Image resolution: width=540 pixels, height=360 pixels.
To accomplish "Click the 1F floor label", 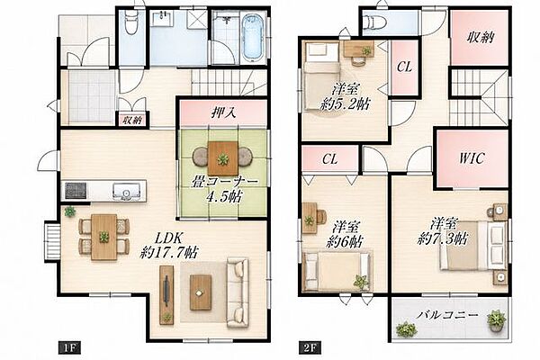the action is (x=69, y=347).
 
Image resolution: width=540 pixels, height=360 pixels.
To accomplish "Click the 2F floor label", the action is (x=310, y=347).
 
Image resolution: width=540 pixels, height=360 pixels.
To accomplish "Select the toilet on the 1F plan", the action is (x=130, y=22).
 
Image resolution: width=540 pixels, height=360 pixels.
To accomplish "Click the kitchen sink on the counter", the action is (x=126, y=191).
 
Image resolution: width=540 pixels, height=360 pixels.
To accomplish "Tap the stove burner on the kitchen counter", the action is (x=76, y=191).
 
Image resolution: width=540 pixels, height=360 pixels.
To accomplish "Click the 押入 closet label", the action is (x=223, y=112).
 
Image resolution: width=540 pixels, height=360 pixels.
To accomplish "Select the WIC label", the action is (x=472, y=158).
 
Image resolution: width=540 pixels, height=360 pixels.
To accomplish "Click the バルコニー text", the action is (x=447, y=315).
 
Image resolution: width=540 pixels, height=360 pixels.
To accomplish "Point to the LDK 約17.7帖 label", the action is (x=169, y=246).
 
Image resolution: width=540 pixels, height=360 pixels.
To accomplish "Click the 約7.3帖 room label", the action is (x=443, y=238).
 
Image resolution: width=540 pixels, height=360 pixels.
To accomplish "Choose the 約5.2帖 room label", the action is (x=345, y=103).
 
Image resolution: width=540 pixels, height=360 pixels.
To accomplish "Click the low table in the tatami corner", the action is (x=223, y=158).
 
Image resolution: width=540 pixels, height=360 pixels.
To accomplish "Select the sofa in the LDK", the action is (x=238, y=292).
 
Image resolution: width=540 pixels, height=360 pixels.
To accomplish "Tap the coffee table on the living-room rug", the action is (x=200, y=292).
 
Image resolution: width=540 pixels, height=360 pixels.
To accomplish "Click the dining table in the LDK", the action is (x=104, y=237).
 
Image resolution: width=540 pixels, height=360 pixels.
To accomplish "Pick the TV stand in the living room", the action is (x=166, y=295).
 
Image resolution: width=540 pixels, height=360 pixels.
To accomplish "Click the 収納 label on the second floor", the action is (x=480, y=37).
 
